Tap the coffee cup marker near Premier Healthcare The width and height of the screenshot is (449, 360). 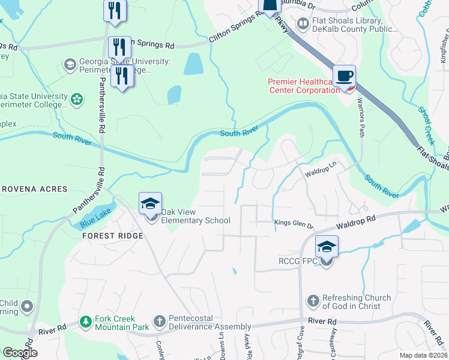click(345, 76)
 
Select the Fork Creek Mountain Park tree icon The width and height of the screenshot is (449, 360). click(86, 322)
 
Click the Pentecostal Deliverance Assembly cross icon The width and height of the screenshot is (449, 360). click(159, 322)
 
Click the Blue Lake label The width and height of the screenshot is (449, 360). click(92, 223)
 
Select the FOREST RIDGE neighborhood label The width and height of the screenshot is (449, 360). click(113, 236)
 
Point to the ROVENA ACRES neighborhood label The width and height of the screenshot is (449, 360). click(34, 189)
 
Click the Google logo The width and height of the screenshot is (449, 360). click(19, 353)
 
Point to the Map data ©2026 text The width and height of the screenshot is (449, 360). click(423, 355)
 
